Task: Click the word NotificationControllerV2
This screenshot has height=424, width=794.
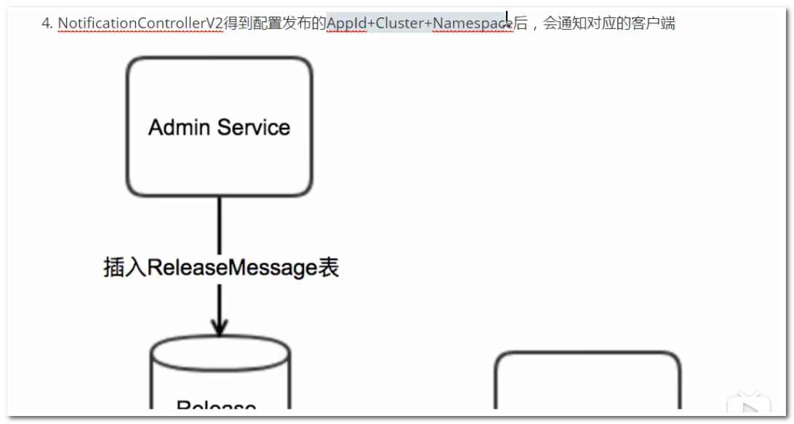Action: (x=140, y=23)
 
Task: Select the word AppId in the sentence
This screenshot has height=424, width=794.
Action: (x=347, y=23)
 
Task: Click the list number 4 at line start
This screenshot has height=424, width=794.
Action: (x=46, y=23)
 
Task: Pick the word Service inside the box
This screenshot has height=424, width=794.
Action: (x=254, y=127)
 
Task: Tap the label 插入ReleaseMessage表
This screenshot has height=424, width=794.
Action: (x=221, y=268)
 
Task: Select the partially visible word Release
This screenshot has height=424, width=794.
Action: (x=216, y=405)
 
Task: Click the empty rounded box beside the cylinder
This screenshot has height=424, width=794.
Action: (x=588, y=382)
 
